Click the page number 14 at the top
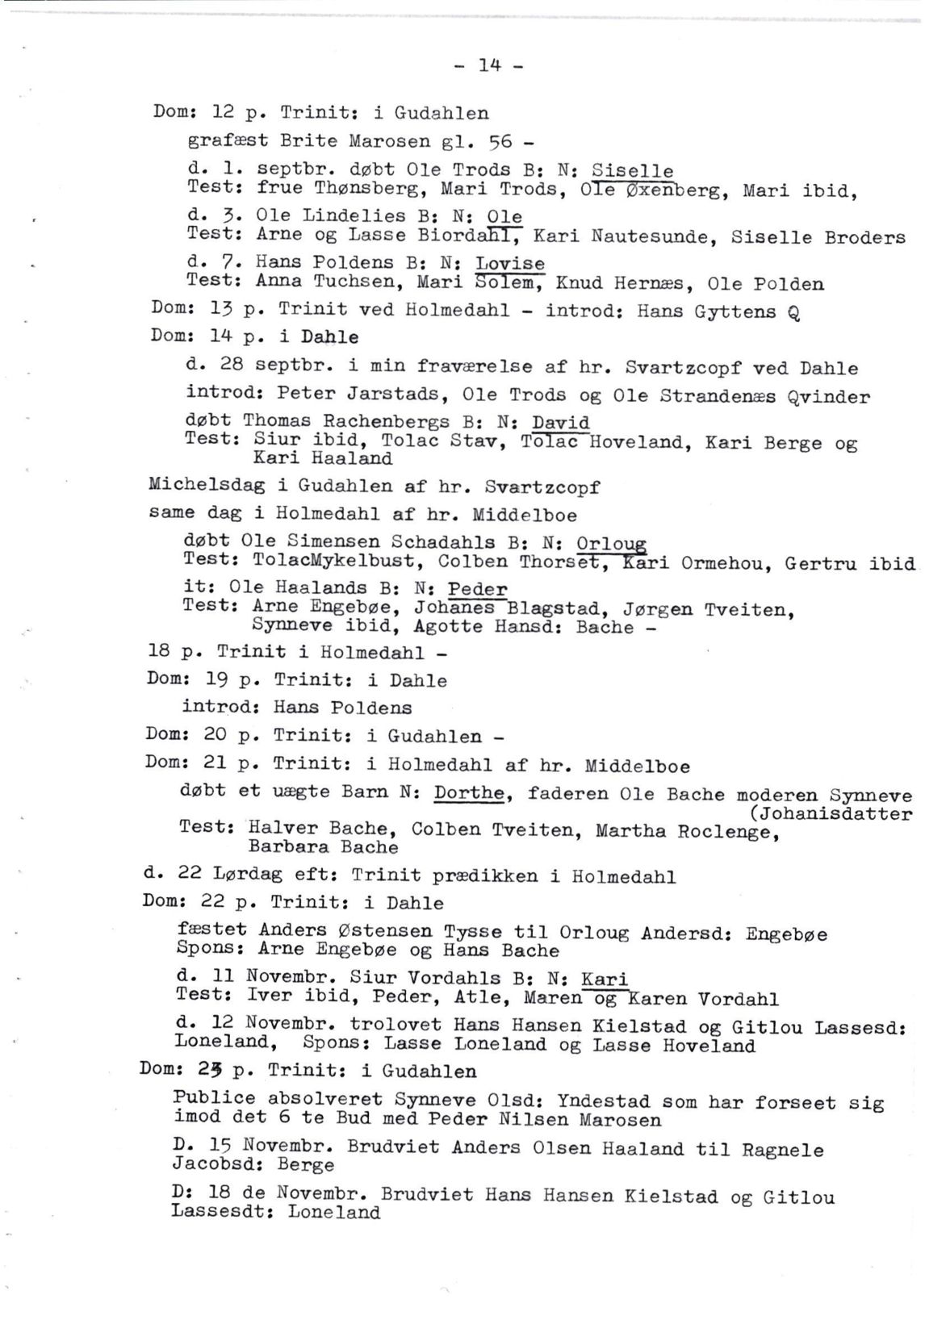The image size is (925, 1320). coord(489,65)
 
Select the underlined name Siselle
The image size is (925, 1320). coord(632,170)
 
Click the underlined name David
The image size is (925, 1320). coord(560,423)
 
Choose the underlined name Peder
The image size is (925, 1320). coord(477,589)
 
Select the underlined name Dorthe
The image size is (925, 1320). coord(469,794)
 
